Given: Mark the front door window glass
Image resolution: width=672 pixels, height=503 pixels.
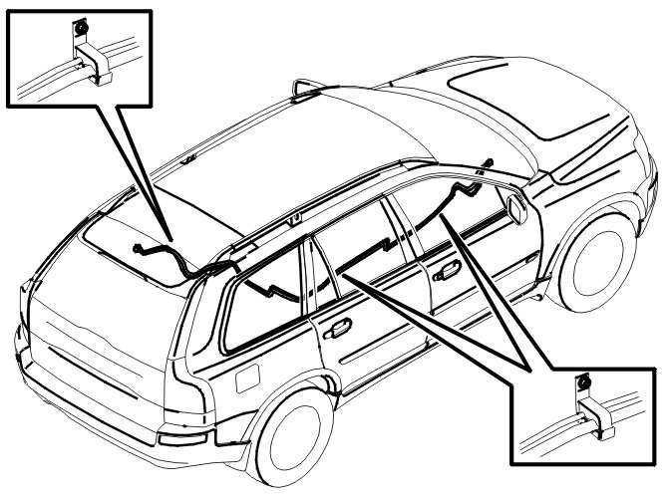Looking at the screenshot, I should pyautogui.click(x=439, y=224).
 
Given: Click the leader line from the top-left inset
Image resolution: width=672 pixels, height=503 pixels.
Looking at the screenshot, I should pyautogui.click(x=135, y=169).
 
